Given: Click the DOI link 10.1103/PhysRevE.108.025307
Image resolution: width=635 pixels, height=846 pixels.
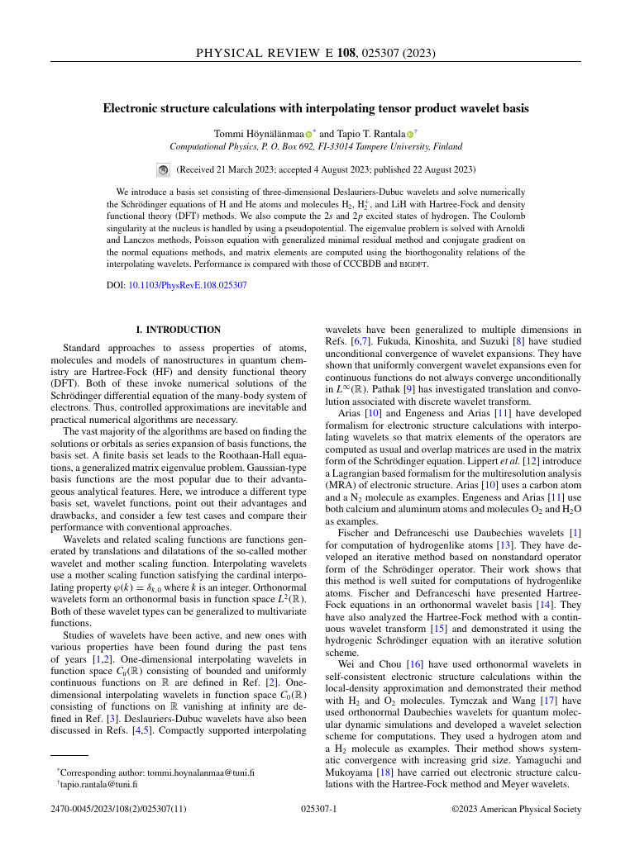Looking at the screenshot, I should click(x=188, y=286).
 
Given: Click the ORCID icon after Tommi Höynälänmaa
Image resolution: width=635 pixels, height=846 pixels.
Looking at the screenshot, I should click(x=308, y=134).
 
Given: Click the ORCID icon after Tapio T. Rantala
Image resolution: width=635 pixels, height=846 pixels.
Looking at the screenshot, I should click(x=409, y=134).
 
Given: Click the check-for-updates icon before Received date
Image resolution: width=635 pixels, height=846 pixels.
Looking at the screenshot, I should click(x=163, y=170).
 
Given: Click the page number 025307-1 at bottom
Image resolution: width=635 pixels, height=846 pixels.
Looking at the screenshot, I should click(x=317, y=810).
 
